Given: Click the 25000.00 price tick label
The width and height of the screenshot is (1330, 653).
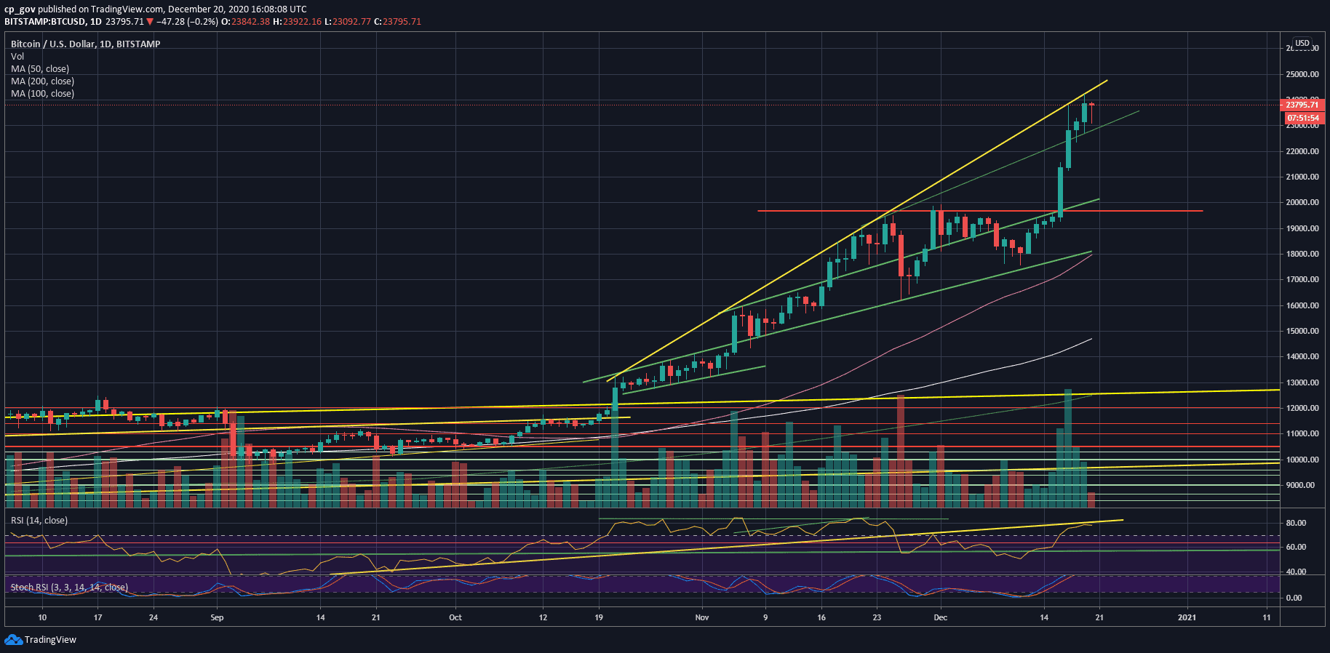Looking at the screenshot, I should click(x=1302, y=74).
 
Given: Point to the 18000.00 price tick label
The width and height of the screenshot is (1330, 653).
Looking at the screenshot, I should click(x=1302, y=254).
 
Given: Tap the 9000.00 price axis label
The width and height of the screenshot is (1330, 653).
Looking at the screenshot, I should click(x=1302, y=485).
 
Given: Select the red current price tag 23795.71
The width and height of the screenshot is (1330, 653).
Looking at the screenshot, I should click(x=1302, y=105).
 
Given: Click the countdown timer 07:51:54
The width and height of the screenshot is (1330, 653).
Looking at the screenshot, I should click(x=1302, y=118).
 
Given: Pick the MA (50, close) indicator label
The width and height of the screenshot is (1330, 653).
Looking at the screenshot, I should click(x=40, y=69).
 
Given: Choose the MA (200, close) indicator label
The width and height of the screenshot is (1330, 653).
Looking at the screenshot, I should click(x=42, y=81).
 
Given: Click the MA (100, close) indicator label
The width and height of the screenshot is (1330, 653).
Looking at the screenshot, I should click(x=42, y=94).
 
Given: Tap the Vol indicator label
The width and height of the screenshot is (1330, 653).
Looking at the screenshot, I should click(x=17, y=57).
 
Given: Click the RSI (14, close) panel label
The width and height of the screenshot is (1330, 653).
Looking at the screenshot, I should click(x=39, y=521).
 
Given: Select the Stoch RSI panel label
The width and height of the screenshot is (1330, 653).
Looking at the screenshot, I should click(x=69, y=588).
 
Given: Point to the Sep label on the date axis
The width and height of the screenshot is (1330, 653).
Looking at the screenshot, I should click(x=217, y=618).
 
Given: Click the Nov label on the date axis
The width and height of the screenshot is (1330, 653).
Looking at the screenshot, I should click(x=701, y=618).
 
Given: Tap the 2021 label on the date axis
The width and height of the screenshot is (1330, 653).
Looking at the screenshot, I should click(x=1187, y=618).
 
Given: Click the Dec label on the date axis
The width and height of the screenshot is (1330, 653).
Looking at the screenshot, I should click(x=940, y=618).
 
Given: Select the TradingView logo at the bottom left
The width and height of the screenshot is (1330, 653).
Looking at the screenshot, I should click(x=41, y=640).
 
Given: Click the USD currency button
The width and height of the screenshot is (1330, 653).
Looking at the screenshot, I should click(x=1302, y=44).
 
